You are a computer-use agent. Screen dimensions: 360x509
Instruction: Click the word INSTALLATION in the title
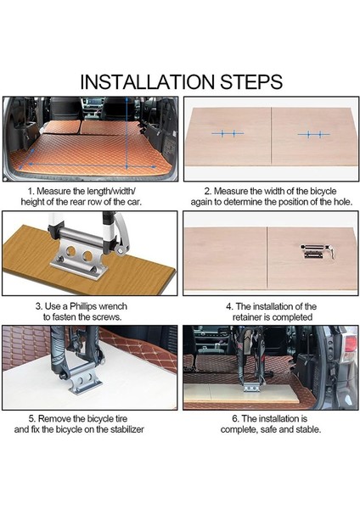click(x=147, y=81)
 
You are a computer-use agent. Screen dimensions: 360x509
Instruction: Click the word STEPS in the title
click(x=251, y=81)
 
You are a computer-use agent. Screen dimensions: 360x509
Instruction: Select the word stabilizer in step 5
click(x=127, y=429)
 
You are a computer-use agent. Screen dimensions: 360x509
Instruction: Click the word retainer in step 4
click(x=247, y=317)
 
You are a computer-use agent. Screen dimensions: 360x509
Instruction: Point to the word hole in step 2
click(x=341, y=202)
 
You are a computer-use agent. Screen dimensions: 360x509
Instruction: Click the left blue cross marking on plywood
click(x=228, y=133)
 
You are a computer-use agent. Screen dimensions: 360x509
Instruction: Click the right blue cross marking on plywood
click(x=314, y=134)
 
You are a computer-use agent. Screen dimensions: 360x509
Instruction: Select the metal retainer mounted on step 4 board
click(x=317, y=251)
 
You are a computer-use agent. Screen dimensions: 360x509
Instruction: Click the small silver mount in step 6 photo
click(x=251, y=387)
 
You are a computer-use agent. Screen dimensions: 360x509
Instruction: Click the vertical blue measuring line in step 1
click(x=127, y=133)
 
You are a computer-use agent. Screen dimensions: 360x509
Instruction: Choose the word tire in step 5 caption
click(x=121, y=419)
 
